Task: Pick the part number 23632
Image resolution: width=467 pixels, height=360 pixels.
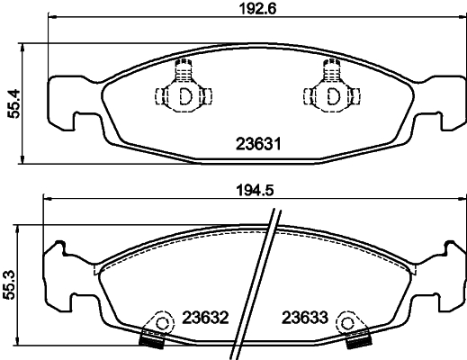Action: [206, 317]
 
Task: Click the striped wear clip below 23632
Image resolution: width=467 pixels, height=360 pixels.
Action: [151, 340]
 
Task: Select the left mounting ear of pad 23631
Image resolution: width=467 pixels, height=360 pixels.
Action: [65, 101]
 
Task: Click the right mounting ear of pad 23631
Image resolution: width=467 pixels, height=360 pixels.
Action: [440, 101]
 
